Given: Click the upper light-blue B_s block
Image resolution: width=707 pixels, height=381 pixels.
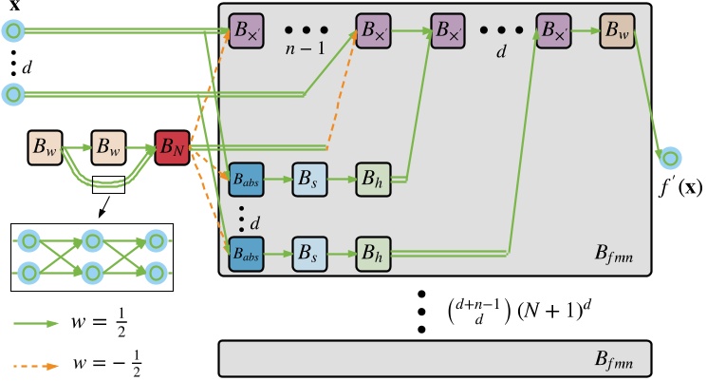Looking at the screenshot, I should click(309, 178).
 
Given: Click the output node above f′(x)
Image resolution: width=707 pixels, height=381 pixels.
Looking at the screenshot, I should click(671, 156).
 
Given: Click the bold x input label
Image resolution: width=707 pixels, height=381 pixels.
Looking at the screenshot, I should click(14, 8).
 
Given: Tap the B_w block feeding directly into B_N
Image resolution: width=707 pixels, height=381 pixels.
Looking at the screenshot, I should click(109, 148).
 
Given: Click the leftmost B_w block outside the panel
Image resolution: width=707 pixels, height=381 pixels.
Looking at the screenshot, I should click(46, 148).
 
